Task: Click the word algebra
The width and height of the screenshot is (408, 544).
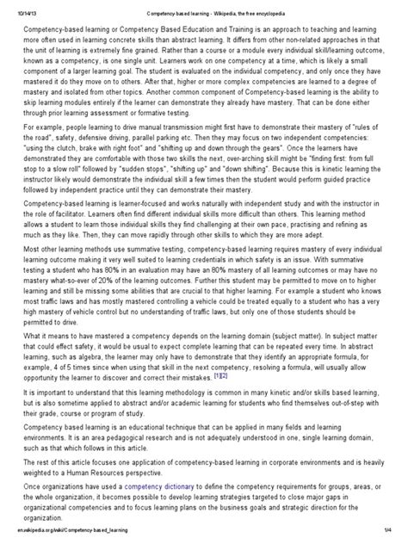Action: [99, 355]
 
